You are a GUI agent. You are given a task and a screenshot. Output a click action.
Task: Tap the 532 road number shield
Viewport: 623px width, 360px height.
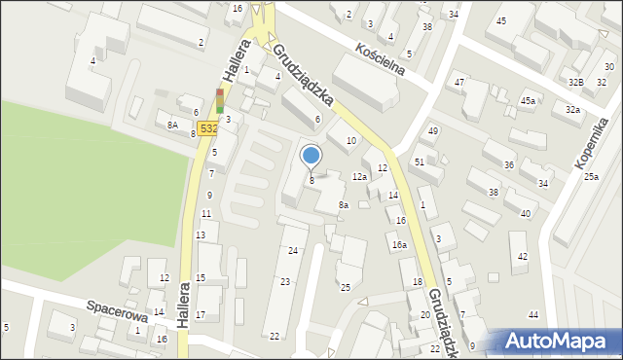tap(207, 127)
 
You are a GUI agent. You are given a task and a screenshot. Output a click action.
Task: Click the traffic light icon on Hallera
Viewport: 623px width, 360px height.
tap(220, 99)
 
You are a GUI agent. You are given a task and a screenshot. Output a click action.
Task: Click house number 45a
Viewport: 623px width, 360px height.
tap(528, 101)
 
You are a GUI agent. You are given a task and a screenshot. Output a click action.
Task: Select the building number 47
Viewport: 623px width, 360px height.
tap(459, 82)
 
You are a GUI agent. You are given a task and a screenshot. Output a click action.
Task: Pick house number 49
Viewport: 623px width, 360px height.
tap(433, 130)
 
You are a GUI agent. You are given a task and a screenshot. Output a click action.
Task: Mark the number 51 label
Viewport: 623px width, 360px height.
tap(419, 162)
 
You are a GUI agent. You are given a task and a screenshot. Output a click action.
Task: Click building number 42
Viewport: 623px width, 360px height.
tap(523, 256)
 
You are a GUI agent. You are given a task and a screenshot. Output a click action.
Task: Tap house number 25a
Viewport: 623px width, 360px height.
tap(591, 177)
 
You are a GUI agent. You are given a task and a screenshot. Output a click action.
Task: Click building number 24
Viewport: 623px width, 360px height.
tap(292, 251)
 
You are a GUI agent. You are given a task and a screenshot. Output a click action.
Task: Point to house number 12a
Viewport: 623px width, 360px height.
tap(359, 177)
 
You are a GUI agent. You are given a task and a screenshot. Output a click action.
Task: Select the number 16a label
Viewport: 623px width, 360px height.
tap(399, 245)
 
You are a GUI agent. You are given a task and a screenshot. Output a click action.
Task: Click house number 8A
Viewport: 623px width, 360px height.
tap(172, 125)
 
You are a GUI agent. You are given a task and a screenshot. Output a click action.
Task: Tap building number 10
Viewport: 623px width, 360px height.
tap(351, 141)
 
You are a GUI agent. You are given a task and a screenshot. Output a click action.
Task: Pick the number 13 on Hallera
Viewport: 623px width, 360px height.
tap(200, 235)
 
